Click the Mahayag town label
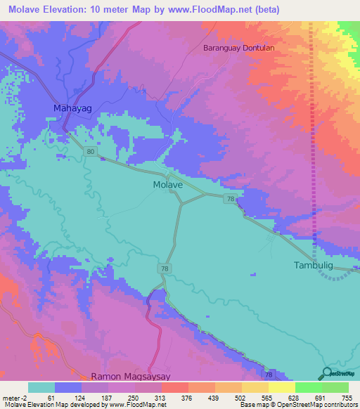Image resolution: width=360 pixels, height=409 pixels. tap(73, 108)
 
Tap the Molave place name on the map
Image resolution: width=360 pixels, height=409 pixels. tap(168, 185)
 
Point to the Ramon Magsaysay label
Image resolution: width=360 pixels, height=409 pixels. tap(131, 377)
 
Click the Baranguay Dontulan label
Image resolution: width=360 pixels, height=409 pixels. tap(238, 48)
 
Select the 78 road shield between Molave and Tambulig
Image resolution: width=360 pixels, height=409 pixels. tap(231, 200)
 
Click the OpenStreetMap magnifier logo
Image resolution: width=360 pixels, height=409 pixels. tap(326, 374)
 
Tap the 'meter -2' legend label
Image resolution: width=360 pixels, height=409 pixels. tap(14, 397)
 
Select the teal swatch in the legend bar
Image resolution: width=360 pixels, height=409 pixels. tap(41, 387)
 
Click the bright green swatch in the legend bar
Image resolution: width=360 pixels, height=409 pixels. tap(308, 387)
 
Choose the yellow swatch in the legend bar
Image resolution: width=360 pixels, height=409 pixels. tap(281, 387)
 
